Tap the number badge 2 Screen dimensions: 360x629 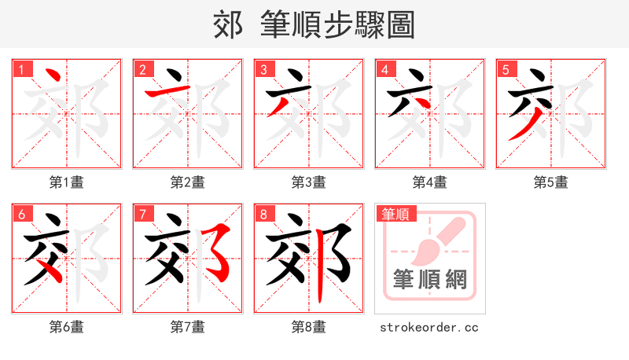point(143,69)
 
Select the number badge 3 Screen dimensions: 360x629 point(264,69)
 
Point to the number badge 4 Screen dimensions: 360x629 point(385,69)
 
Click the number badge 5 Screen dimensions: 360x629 point(506,69)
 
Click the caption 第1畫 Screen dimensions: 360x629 point(67,182)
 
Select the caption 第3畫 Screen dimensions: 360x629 point(309,182)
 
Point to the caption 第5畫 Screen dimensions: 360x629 point(551,182)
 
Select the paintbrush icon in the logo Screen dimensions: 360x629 point(431,242)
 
